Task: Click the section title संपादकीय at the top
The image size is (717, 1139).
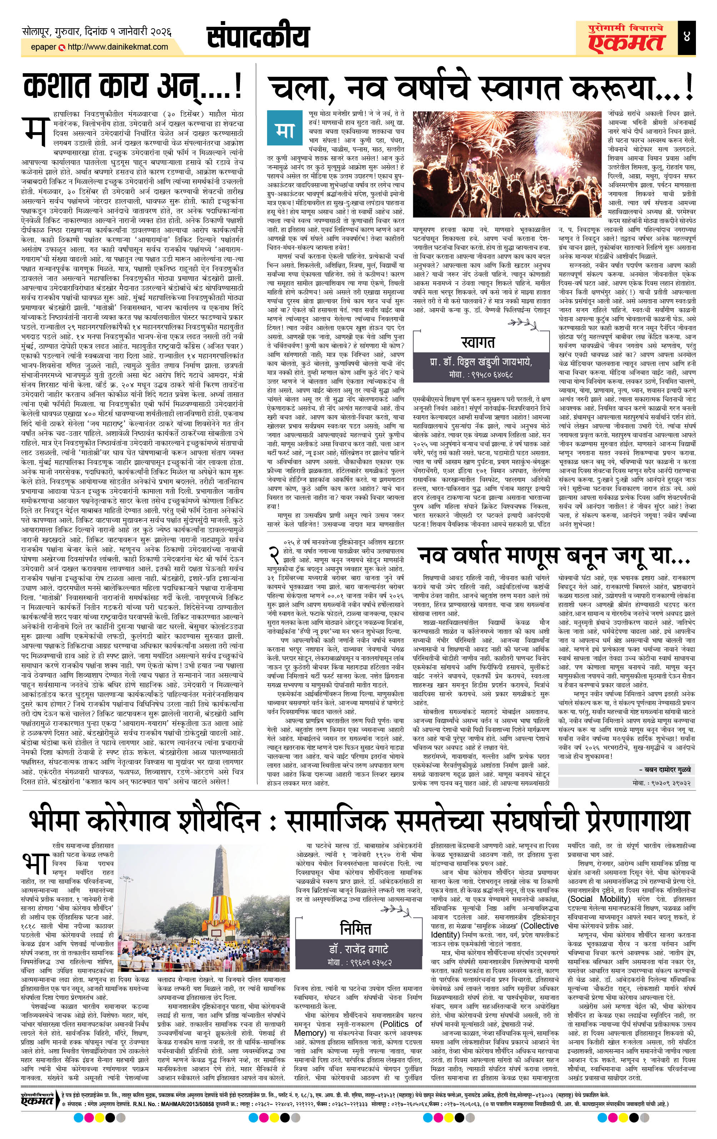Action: pyautogui.click(x=258, y=37)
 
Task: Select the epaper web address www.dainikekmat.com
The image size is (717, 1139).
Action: pyautogui.click(x=118, y=47)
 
